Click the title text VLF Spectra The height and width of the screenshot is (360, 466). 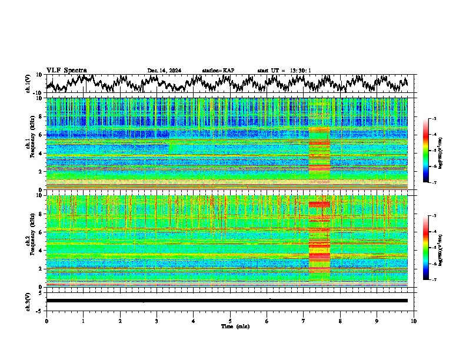(x=66, y=70)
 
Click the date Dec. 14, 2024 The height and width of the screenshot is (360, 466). (x=164, y=71)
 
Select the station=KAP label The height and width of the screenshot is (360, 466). (x=218, y=71)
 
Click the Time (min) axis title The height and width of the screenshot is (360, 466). (x=235, y=326)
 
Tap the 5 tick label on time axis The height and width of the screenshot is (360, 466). (x=230, y=321)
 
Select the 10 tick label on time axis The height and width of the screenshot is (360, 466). (x=414, y=321)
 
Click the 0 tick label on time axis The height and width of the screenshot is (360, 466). (x=46, y=321)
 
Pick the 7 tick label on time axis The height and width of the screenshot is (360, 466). (x=304, y=321)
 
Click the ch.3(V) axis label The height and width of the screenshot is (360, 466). (x=28, y=301)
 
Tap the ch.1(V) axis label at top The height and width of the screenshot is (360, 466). (x=28, y=84)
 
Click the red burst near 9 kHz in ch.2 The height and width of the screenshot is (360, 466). (x=319, y=204)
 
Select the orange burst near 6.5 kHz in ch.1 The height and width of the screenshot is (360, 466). (x=319, y=129)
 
